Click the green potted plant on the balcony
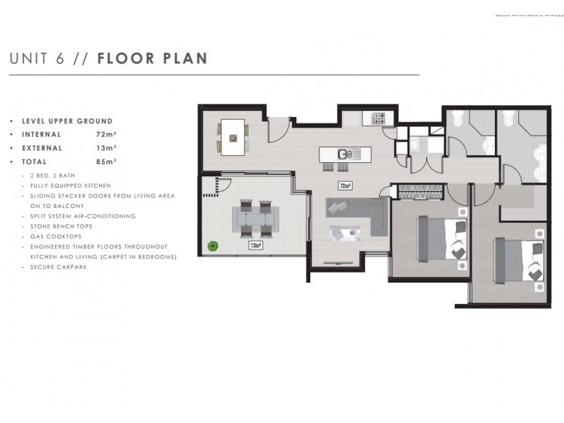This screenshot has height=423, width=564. (x=211, y=245)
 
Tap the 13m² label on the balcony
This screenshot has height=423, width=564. (x=255, y=245)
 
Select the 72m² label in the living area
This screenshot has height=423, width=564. (x=345, y=186)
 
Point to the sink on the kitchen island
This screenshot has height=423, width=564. (x=344, y=154)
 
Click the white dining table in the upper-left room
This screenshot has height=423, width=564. (x=233, y=137)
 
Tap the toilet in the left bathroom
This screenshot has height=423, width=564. (x=458, y=117)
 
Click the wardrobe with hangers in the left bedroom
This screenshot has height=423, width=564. (x=421, y=190)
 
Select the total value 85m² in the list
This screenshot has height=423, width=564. (x=106, y=161)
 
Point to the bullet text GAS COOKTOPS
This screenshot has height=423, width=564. (x=52, y=236)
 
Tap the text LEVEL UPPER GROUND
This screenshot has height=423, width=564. (x=67, y=121)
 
